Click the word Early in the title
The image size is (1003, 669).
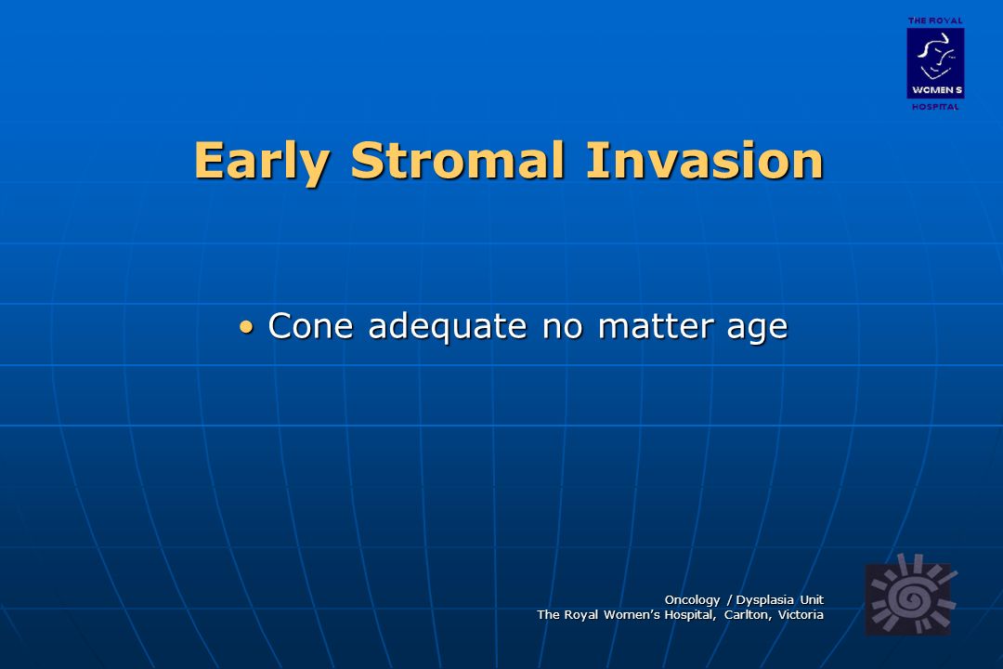pyautogui.click(x=262, y=162)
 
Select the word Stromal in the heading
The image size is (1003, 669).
pyautogui.click(x=458, y=160)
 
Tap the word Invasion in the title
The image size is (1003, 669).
pyautogui.click(x=705, y=160)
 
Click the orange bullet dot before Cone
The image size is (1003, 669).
pyautogui.click(x=246, y=328)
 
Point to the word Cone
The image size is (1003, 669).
pyautogui.click(x=311, y=326)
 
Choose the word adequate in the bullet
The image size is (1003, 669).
pyautogui.click(x=448, y=327)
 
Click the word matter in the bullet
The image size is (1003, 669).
pyautogui.click(x=656, y=326)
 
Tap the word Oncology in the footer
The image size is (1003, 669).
pyautogui.click(x=692, y=600)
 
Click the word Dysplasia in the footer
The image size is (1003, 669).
pyautogui.click(x=765, y=600)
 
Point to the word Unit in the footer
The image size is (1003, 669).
pyautogui.click(x=813, y=600)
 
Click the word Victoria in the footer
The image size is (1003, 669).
pyautogui.click(x=801, y=614)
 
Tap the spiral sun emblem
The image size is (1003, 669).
pyautogui.click(x=911, y=596)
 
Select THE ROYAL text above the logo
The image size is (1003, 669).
pyautogui.click(x=935, y=21)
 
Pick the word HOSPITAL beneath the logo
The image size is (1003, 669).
pyautogui.click(x=935, y=107)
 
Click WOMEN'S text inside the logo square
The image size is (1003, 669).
pyautogui.click(x=937, y=90)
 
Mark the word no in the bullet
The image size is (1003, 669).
pyautogui.click(x=563, y=328)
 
